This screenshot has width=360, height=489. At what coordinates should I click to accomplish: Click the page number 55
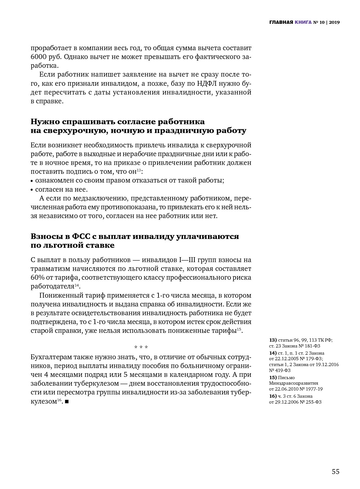click(336, 472)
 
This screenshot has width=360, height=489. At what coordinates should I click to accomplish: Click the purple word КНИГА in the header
click(303, 22)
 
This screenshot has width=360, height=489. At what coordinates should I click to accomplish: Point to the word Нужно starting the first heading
click(46, 122)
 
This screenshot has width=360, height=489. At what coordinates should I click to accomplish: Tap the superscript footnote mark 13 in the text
click(139, 170)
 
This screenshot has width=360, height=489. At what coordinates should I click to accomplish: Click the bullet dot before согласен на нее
click(32, 190)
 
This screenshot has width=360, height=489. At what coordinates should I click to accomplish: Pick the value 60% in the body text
click(38, 278)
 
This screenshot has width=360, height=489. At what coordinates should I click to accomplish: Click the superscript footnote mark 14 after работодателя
click(77, 285)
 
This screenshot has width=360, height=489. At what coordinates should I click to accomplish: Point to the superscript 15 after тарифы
click(239, 329)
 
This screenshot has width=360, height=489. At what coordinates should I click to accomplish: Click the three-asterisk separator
click(141, 347)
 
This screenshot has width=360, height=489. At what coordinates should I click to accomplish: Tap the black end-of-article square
click(67, 402)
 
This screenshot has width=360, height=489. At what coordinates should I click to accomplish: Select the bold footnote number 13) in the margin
click(273, 340)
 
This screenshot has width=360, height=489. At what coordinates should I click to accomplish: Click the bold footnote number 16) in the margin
click(273, 396)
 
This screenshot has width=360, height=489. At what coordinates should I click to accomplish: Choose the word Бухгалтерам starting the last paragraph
click(51, 357)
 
